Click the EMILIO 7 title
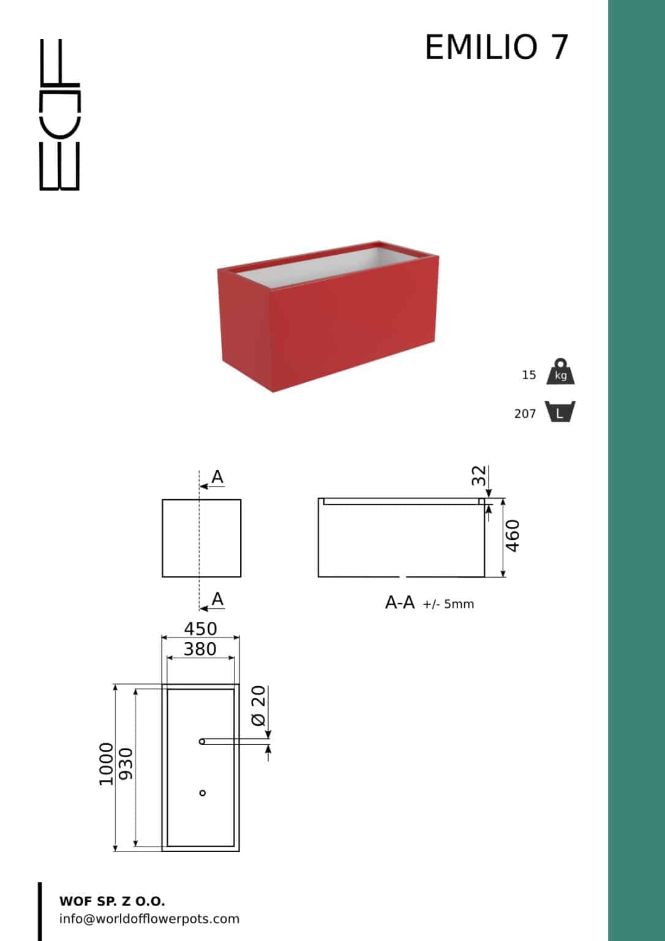coord(497,47)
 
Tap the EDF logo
coord(59,115)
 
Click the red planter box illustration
coord(328,316)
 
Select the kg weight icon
coord(560,371)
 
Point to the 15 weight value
coord(529,375)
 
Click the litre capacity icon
coord(560,411)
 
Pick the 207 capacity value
coord(525,414)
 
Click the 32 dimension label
coord(479,475)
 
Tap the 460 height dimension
coord(513,535)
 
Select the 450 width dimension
coord(200,629)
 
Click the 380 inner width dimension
coord(200,649)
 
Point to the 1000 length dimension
coord(106,764)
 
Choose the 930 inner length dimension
coord(126,764)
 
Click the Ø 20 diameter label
coord(258,706)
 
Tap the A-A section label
coord(400,603)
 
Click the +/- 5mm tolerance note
coord(448,604)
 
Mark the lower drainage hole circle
coord(202,793)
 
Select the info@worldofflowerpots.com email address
coord(149,919)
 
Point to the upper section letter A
coord(217,477)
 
